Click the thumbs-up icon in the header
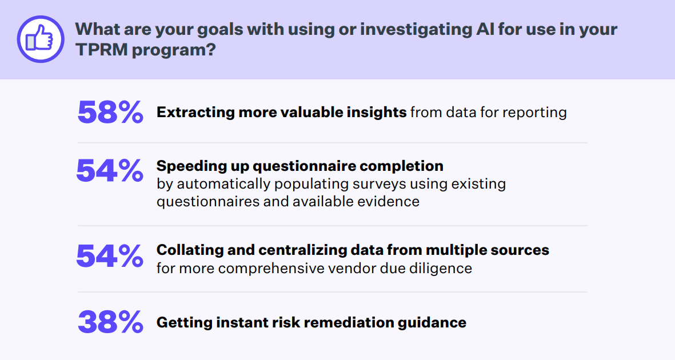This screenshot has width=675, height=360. tap(40, 38)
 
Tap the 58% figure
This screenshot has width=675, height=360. tap(110, 112)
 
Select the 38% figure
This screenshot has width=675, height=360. tap(110, 322)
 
